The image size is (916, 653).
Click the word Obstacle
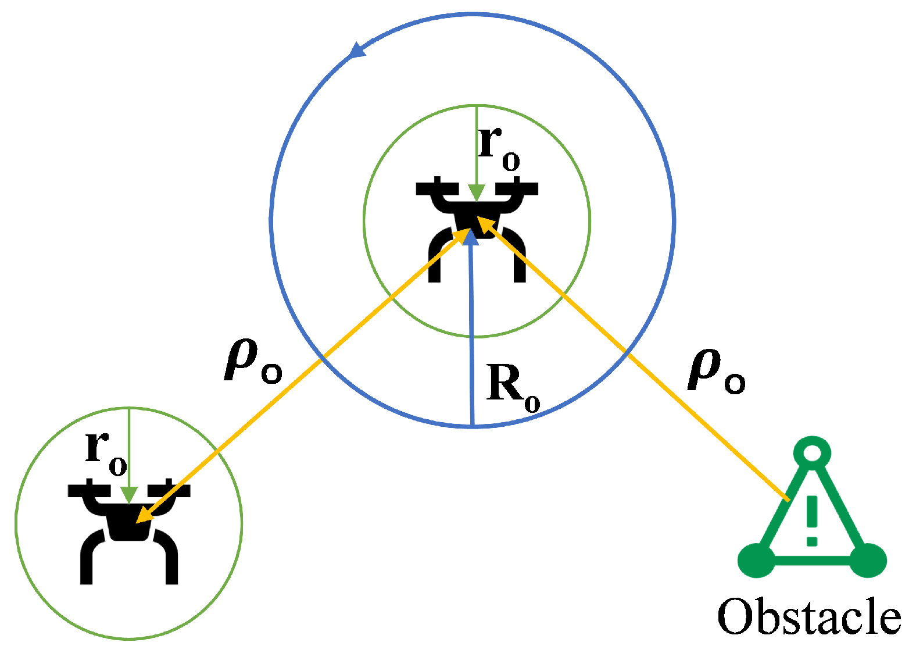pyautogui.click(x=809, y=616)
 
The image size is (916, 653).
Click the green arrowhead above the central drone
pyautogui.click(x=476, y=193)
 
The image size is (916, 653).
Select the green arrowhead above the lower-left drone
pyautogui.click(x=128, y=495)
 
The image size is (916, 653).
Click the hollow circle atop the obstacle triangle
pyautogui.click(x=812, y=452)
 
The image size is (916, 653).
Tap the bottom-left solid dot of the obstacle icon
pyautogui.click(x=756, y=560)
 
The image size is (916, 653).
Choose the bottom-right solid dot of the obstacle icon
pyautogui.click(x=868, y=560)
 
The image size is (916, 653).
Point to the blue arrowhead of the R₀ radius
pyautogui.click(x=470, y=235)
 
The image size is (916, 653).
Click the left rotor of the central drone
pyautogui.click(x=438, y=188)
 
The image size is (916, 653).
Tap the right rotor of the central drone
pyautogui.click(x=516, y=188)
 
